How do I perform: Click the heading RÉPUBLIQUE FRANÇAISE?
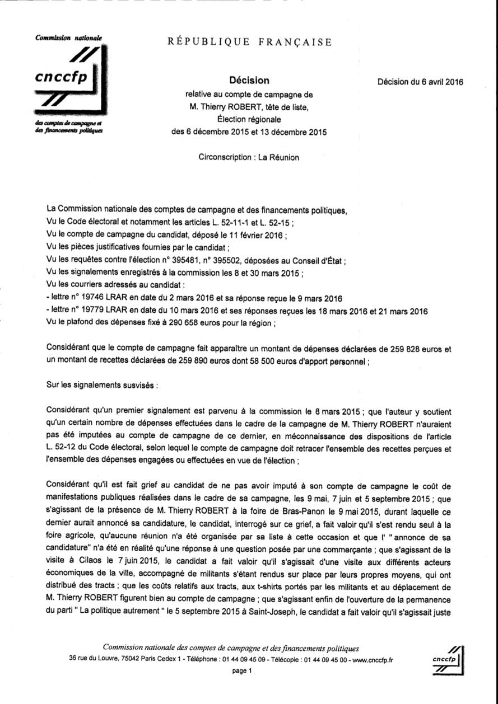click(249, 42)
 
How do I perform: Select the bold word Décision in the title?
click(249, 81)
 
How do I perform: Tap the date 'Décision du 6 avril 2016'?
click(420, 82)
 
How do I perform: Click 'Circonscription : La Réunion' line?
click(249, 157)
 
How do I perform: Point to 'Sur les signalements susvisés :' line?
click(103, 386)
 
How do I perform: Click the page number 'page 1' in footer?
click(243, 671)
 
